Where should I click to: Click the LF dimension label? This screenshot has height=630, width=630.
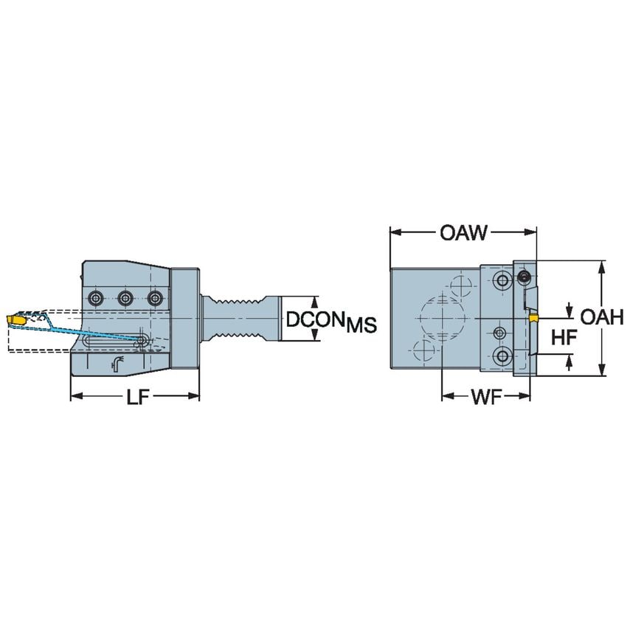(x=135, y=396)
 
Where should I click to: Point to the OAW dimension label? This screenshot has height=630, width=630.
(x=463, y=233)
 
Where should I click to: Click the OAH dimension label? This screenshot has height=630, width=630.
(x=602, y=317)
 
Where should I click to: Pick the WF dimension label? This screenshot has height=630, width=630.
(x=487, y=396)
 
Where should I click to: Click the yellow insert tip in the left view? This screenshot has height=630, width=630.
(x=15, y=320)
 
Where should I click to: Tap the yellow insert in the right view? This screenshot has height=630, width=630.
(x=533, y=318)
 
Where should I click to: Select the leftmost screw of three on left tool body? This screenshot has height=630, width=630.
(x=96, y=298)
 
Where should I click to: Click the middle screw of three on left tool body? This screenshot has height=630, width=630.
(x=125, y=298)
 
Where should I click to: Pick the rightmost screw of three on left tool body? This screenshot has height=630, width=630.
(x=153, y=298)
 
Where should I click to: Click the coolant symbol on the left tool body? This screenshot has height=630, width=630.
(x=117, y=362)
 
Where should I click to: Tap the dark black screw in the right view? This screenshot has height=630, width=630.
(x=524, y=277)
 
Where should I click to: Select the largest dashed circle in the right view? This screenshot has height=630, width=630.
(x=440, y=318)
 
